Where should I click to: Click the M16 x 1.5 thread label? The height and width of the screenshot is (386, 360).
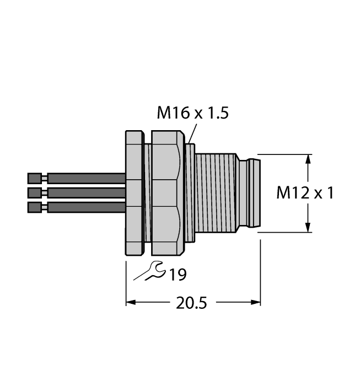tap(192, 113)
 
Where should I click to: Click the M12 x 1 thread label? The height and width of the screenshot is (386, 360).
tap(305, 192)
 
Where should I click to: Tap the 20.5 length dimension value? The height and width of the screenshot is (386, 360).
tap(191, 303)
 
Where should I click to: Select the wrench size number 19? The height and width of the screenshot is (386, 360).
tap(178, 275)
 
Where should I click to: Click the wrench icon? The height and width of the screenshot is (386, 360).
tap(149, 271)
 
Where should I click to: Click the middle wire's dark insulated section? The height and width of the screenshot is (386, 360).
tap(87, 193)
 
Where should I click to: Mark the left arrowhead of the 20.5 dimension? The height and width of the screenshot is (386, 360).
tap(131, 302)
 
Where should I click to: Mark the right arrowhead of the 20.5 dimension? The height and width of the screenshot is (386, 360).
tap(256, 302)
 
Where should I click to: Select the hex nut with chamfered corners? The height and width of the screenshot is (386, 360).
tap(168, 193)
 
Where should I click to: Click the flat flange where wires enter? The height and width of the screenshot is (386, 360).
tap(135, 193)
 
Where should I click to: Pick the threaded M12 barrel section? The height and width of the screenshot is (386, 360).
tap(216, 193)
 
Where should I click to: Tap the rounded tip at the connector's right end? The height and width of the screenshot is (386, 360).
tap(255, 193)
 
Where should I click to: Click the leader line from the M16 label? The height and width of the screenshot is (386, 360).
tap(192, 133)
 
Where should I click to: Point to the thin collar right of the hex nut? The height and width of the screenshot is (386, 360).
tap(190, 193)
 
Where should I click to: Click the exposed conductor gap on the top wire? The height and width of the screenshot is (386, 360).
tap(45, 178)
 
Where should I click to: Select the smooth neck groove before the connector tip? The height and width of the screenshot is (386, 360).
tap(244, 193)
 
